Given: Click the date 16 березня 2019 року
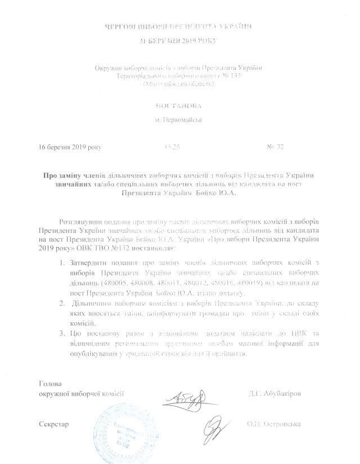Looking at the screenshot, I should [71, 147].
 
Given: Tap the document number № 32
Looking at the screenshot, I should [276, 147].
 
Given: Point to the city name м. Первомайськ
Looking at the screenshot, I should [180, 120].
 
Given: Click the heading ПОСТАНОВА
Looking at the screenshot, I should [179, 105].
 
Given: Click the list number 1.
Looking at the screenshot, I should [61, 263].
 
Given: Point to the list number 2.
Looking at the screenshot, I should [61, 304].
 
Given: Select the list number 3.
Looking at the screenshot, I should [61, 335].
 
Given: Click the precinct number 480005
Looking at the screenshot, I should [130, 283].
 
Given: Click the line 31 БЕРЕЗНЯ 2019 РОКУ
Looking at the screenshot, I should [179, 42].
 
